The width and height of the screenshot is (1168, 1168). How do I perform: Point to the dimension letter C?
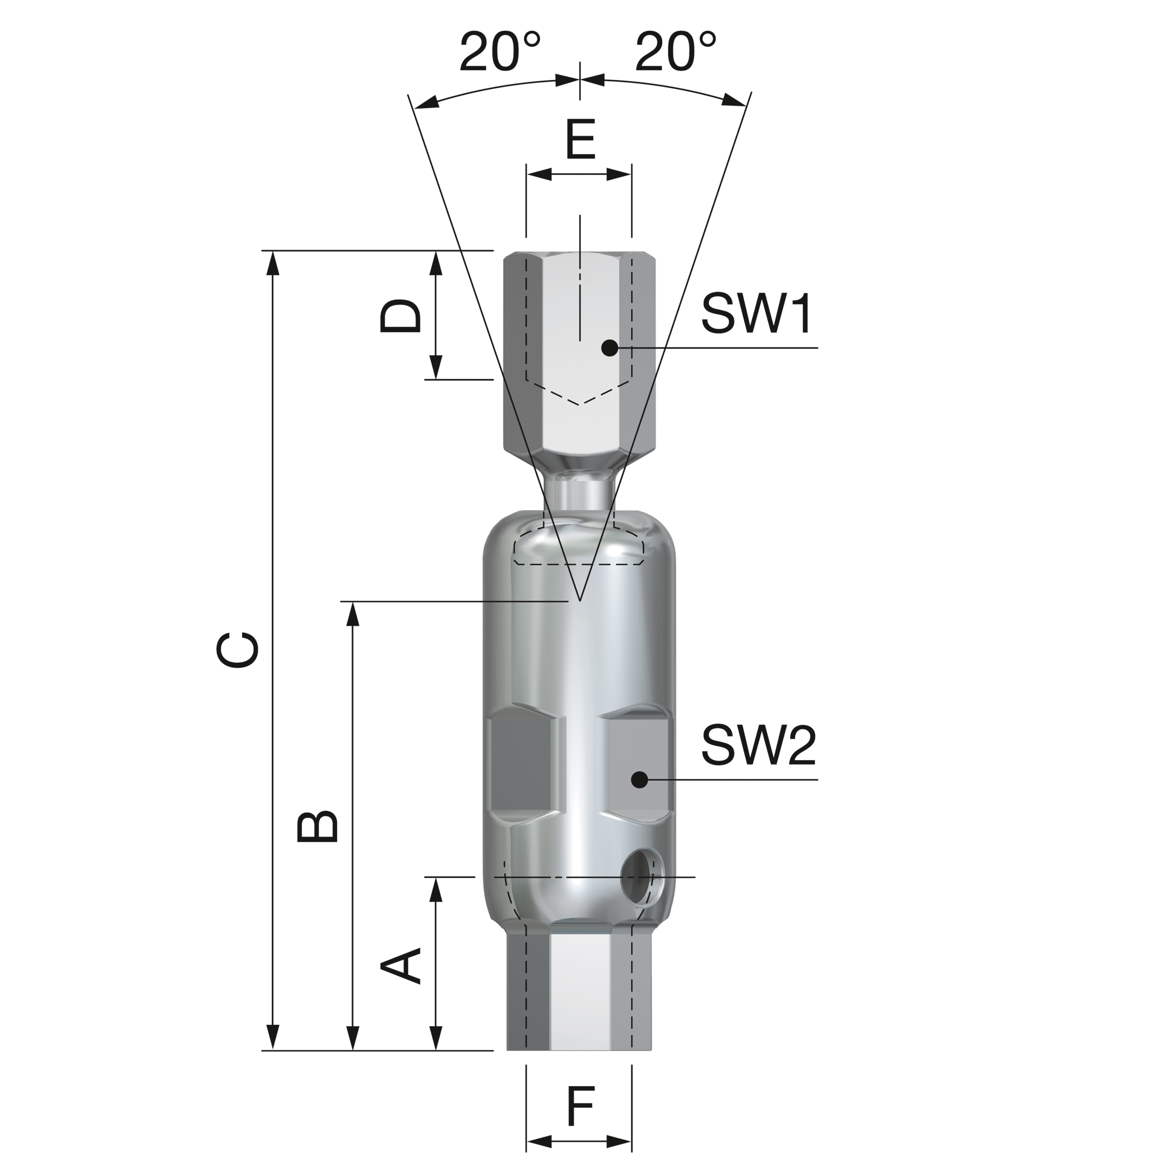pos(238,650)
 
